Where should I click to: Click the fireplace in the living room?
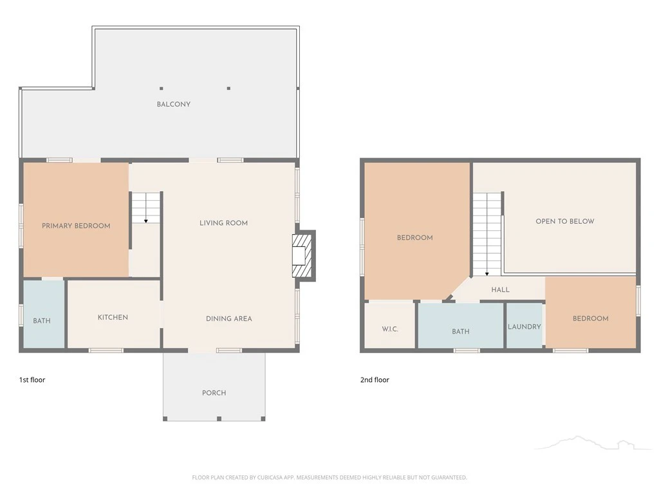(x=304, y=256)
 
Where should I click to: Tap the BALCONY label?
(x=174, y=104)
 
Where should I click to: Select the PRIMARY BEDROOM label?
(x=76, y=226)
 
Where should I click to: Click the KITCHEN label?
(x=113, y=317)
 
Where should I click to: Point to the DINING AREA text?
(x=229, y=318)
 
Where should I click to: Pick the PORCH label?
(x=214, y=393)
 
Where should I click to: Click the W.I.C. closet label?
(x=390, y=329)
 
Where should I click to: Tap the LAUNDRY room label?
(x=524, y=326)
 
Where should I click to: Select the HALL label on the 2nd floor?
(x=500, y=289)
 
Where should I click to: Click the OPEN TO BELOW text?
(x=565, y=221)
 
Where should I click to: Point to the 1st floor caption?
(x=32, y=380)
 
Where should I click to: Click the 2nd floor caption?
(x=375, y=380)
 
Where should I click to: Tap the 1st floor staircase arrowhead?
(x=146, y=221)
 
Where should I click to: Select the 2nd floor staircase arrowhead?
(x=487, y=274)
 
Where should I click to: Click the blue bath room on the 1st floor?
(x=44, y=314)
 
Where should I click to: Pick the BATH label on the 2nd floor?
(x=461, y=331)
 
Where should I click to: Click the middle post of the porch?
(x=219, y=419)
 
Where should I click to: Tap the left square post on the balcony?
(x=162, y=89)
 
